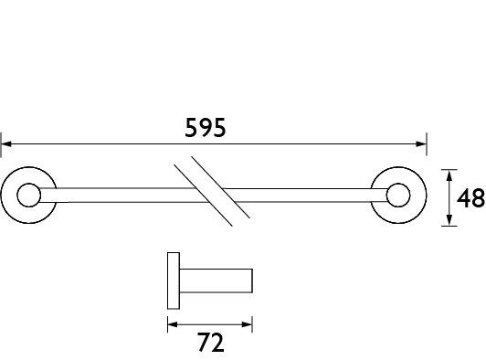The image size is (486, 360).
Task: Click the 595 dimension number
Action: pyautogui.click(x=206, y=127)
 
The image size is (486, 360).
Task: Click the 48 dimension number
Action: pyautogui.click(x=470, y=198)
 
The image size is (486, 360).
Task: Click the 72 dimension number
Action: pyautogui.click(x=210, y=343)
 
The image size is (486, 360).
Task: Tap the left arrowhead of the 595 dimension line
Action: pyautogui.click(x=6, y=143)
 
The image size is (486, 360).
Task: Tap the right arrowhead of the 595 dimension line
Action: pyautogui.click(x=421, y=143)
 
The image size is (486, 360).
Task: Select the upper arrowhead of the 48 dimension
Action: pyautogui.click(x=449, y=175)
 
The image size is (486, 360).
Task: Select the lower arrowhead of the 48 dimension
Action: pyautogui.click(x=449, y=220)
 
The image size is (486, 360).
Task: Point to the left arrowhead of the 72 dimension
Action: pyautogui.click(x=173, y=324)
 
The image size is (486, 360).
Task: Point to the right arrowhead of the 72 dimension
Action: pyautogui.click(x=247, y=324)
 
